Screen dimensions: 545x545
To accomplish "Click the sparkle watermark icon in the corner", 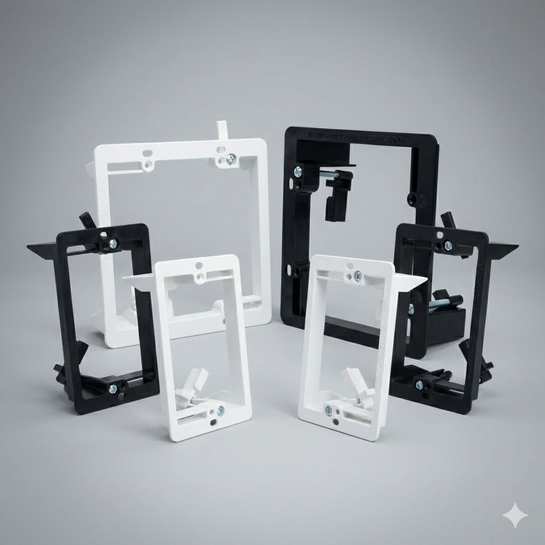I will pos(515,515).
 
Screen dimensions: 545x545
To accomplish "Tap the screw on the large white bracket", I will pos(230,159).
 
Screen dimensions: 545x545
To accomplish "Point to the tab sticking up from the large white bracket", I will pos(222,130).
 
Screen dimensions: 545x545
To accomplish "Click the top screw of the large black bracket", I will pos(298,171).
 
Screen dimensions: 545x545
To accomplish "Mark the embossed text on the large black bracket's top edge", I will pos(362,139).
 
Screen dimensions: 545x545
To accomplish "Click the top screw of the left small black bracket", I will pos(113,244).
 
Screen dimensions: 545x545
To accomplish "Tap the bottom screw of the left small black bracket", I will pos(113,389).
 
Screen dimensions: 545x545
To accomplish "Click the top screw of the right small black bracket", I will pos(448,245).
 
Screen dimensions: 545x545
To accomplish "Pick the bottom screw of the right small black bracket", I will pos(419,385).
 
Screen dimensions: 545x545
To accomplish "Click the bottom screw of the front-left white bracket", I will pos(220,410).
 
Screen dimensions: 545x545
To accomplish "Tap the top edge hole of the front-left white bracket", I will pos(199,265).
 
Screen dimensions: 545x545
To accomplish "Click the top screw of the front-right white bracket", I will pos(358,276).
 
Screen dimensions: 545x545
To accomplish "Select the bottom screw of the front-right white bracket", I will pos(329,410).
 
